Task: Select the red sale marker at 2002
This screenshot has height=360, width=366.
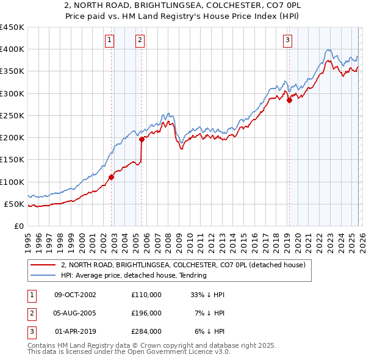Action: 112,178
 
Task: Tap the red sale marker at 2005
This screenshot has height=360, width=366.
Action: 142,139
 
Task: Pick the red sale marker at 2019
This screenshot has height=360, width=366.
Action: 289,101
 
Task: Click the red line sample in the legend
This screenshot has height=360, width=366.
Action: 43,265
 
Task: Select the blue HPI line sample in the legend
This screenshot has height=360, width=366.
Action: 43,275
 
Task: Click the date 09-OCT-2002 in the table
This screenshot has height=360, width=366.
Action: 76,295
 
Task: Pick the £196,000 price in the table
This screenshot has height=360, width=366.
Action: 146,313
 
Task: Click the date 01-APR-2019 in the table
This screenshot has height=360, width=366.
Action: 76,331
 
